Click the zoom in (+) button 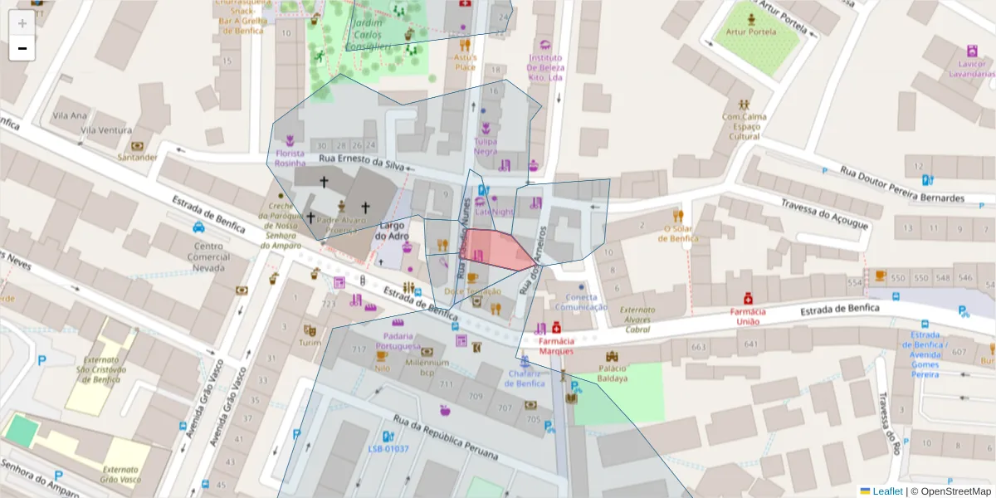22,22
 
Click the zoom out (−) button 22,48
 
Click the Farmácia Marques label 555,345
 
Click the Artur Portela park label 750,32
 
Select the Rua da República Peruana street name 446,437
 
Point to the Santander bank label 138,157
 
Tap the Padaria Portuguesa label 398,340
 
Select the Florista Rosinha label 290,158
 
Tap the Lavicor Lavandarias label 972,68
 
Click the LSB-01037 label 388,449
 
